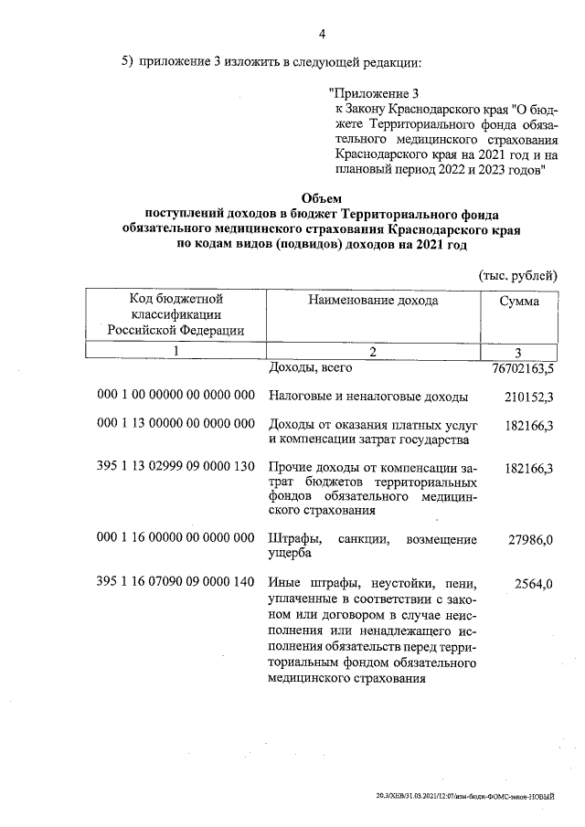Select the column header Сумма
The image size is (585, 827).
[519, 301]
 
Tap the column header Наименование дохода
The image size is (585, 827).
[373, 300]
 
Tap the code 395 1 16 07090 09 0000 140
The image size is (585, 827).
[175, 582]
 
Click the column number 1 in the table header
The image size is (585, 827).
[175, 351]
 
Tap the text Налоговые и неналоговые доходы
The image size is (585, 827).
[368, 397]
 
